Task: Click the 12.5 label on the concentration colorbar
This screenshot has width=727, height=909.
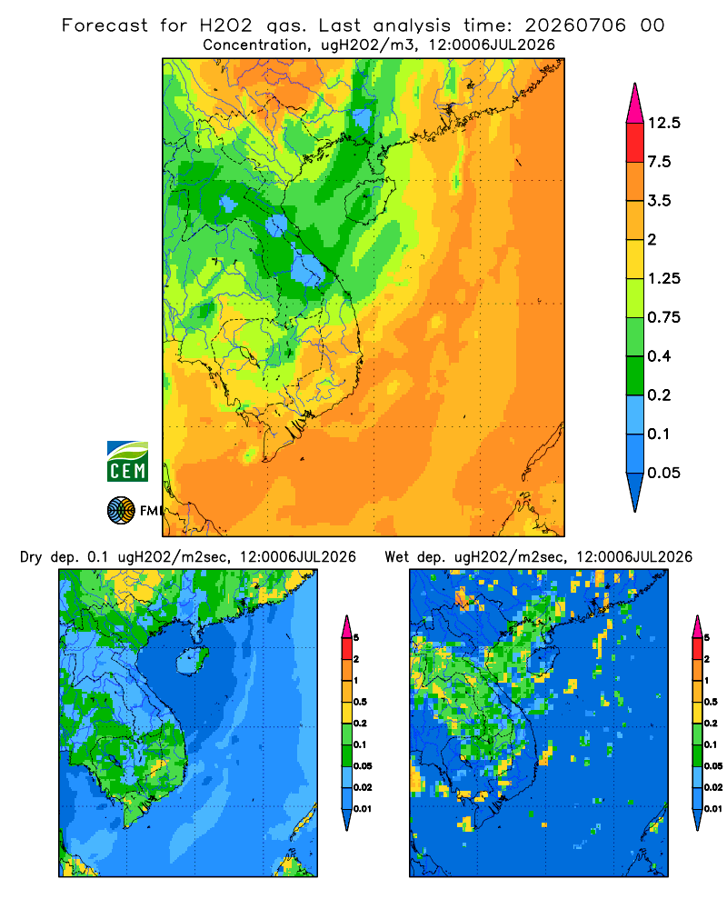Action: click(663, 123)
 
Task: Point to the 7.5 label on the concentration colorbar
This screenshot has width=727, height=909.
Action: click(659, 162)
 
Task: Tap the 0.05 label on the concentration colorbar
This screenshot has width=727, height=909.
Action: click(663, 473)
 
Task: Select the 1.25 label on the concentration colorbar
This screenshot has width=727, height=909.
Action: click(663, 278)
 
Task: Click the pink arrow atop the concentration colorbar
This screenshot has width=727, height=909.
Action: click(635, 104)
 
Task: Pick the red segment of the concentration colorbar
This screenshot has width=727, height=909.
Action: click(635, 143)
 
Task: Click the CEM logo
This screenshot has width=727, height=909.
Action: click(127, 462)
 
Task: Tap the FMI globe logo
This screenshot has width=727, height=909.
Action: click(121, 511)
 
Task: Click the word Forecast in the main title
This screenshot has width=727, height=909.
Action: click(105, 25)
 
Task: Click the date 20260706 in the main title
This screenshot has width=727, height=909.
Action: click(575, 25)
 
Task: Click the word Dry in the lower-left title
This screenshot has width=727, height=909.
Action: click(31, 558)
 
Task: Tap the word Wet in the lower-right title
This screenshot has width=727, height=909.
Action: click(397, 557)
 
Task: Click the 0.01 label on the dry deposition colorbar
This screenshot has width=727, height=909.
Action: click(363, 809)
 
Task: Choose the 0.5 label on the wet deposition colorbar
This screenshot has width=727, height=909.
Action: click(710, 702)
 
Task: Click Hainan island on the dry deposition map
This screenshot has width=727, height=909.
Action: click(192, 661)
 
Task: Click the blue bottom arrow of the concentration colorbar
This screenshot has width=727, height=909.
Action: click(635, 493)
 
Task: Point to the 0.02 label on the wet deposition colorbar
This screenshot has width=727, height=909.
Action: click(713, 787)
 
